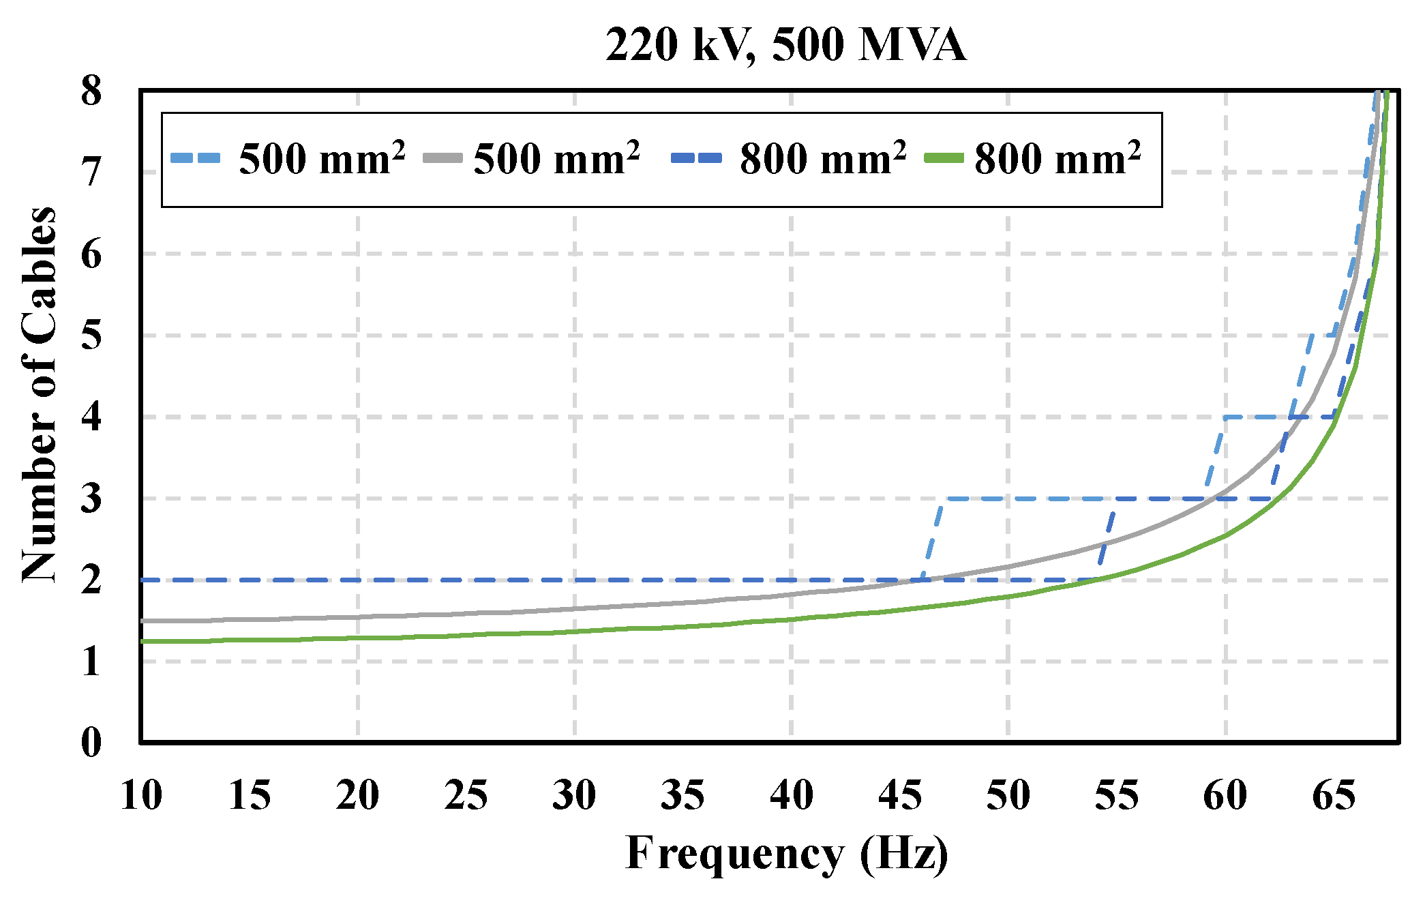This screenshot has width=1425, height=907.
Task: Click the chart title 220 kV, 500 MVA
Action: pos(785,45)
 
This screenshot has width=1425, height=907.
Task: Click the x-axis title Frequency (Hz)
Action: pos(786,854)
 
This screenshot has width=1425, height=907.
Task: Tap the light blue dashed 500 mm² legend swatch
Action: pos(196,159)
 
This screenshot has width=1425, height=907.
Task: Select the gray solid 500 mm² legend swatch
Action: pos(442,159)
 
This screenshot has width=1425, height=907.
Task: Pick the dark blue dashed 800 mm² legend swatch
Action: pos(696,159)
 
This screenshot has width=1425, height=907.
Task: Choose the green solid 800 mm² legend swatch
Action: pos(944,159)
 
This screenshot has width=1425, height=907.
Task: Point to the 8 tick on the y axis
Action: pos(91,91)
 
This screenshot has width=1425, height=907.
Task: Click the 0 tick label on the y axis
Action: pos(91,743)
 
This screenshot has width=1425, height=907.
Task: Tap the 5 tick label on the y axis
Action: pos(91,336)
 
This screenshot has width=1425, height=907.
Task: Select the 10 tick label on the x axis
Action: pos(141,796)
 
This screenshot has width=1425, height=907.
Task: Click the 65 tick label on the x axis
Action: pos(1334,796)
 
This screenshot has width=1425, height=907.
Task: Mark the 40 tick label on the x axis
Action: pos(792,796)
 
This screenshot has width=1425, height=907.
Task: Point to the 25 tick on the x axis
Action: pos(466,796)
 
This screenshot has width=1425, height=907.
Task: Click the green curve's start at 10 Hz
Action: pos(142,641)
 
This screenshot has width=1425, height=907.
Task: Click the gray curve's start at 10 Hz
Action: pos(142,621)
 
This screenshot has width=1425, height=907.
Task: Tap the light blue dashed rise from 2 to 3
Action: pos(934,539)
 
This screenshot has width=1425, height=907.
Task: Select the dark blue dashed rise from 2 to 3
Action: pos(1107,539)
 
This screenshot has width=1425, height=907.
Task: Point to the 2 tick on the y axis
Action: pos(91,580)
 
